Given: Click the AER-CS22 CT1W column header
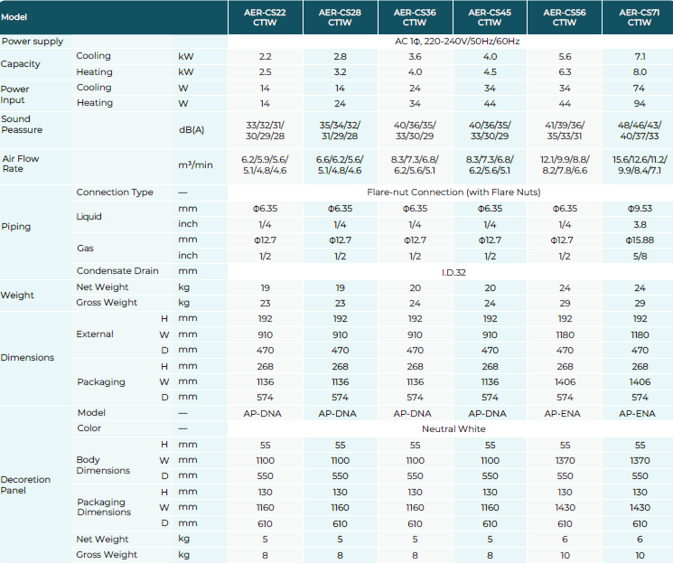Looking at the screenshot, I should pyautogui.click(x=265, y=17).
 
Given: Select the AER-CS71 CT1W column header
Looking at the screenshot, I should pyautogui.click(x=640, y=17).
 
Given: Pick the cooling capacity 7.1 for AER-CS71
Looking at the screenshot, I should pyautogui.click(x=640, y=56).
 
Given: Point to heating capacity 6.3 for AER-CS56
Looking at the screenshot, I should pyautogui.click(x=565, y=71).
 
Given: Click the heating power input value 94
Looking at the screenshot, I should pyautogui.click(x=640, y=103).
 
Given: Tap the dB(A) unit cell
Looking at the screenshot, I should pyautogui.click(x=192, y=130).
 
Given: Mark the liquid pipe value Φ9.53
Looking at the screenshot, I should pyautogui.click(x=640, y=208).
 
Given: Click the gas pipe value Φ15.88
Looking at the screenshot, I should pyautogui.click(x=640, y=240).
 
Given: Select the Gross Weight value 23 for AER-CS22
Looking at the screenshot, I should pyautogui.click(x=265, y=303).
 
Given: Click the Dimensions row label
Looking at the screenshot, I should pyautogui.click(x=27, y=358).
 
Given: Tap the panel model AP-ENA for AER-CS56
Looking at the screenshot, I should pyautogui.click(x=565, y=412).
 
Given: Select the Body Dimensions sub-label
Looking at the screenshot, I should pyautogui.click(x=103, y=465).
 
